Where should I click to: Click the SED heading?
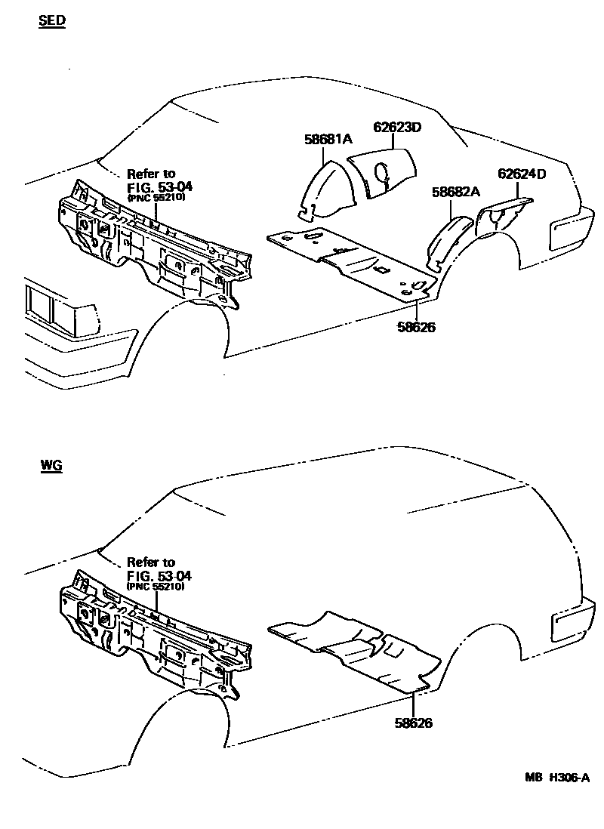click(x=52, y=22)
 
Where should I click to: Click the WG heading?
click(x=51, y=466)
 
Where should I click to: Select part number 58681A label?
click(x=328, y=139)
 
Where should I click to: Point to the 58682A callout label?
click(x=456, y=192)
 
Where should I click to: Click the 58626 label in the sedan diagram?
click(x=414, y=327)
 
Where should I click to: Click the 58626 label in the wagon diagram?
click(x=413, y=723)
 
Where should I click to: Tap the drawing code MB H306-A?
click(x=557, y=778)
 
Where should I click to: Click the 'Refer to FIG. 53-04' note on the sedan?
click(x=155, y=185)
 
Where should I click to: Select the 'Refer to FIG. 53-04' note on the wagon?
click(x=155, y=574)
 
